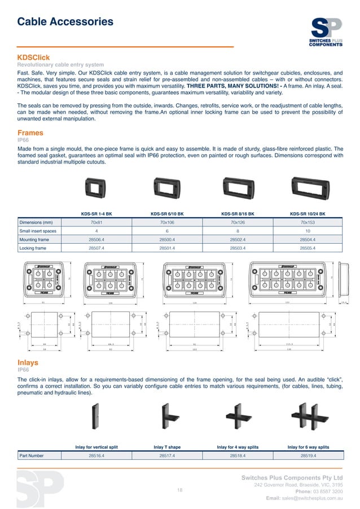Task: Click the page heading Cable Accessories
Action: pos(65,22)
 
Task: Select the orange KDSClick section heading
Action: pos(34,58)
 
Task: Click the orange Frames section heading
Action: pos(30,133)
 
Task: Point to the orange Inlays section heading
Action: pos(28,363)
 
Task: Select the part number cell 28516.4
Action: pos(96,455)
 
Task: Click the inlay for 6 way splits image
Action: pos(308,418)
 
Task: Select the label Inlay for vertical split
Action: pos(96,447)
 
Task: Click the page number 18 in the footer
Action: pos(180,489)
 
